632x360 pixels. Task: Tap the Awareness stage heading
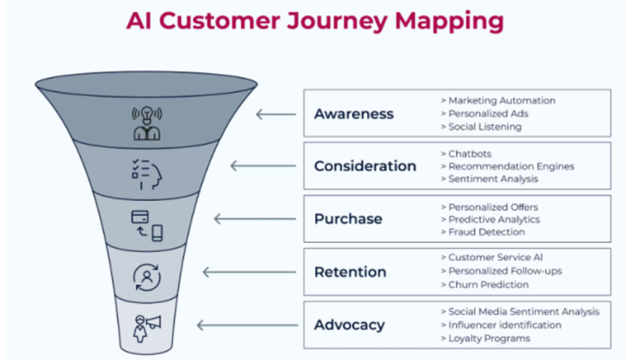click(x=354, y=114)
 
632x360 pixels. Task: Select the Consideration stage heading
click(x=365, y=166)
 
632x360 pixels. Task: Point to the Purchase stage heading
click(x=347, y=219)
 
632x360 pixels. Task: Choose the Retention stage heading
click(x=350, y=272)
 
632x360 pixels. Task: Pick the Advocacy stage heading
click(x=349, y=325)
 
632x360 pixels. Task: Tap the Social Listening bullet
click(x=484, y=127)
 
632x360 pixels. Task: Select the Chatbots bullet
click(x=470, y=153)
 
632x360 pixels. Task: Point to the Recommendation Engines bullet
click(x=511, y=166)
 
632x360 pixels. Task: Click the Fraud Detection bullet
click(x=486, y=232)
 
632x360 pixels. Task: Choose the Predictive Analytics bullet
click(x=494, y=219)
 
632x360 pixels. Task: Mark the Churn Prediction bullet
click(x=488, y=285)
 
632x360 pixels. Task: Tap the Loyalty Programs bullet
click(x=489, y=338)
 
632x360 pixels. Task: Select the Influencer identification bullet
click(x=505, y=325)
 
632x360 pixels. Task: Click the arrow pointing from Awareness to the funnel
click(x=276, y=114)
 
